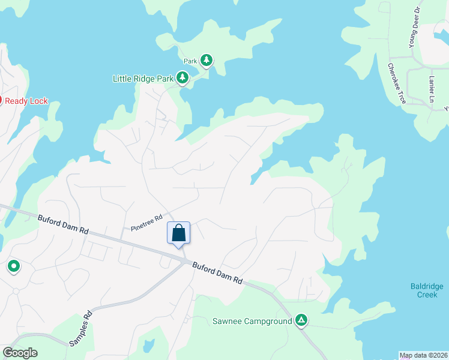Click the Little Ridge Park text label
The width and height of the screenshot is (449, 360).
(x=143, y=79)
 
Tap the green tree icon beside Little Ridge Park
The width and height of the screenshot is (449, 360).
(x=182, y=78)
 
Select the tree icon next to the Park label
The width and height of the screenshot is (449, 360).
(x=206, y=60)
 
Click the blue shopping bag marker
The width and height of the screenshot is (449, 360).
(x=178, y=233)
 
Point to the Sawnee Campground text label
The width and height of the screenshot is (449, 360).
(x=252, y=321)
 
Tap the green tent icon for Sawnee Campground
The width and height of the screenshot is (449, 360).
(x=301, y=321)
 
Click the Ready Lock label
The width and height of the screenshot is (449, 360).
(x=26, y=101)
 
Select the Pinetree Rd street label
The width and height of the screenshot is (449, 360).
(x=147, y=223)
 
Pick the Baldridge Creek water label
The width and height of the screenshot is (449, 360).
(x=427, y=290)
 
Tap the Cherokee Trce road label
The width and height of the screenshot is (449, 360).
(x=397, y=83)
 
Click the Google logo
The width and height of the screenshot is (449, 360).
(x=19, y=353)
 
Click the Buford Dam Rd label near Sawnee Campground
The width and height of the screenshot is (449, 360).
(x=217, y=272)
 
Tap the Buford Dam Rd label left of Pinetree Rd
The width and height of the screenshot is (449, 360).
(x=62, y=225)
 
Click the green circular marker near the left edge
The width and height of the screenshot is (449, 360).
(x=13, y=266)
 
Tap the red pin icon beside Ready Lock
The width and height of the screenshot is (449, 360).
(x=1, y=101)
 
